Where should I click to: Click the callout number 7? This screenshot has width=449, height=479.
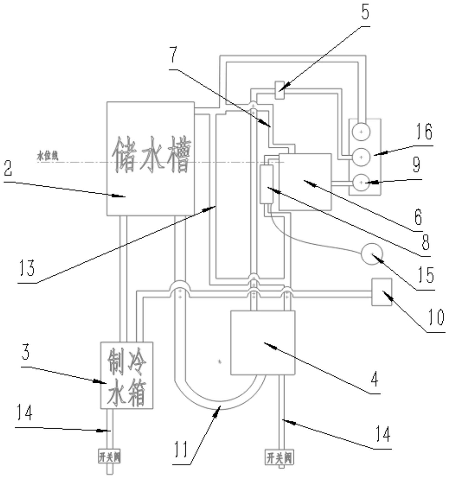coord(173,55)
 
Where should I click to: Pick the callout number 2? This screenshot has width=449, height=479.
coord(8,168)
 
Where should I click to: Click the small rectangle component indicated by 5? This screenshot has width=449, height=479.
coord(279,90)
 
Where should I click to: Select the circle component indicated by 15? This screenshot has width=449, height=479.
coord(372,253)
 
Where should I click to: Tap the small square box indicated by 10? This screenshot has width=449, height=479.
coord(382,292)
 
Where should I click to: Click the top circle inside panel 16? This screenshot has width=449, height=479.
coord(361,132)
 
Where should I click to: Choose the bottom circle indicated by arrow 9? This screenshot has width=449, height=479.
coord(361,182)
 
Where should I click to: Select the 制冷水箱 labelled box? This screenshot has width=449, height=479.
coord(126,375)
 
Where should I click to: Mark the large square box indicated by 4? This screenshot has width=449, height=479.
coord(263,343)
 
